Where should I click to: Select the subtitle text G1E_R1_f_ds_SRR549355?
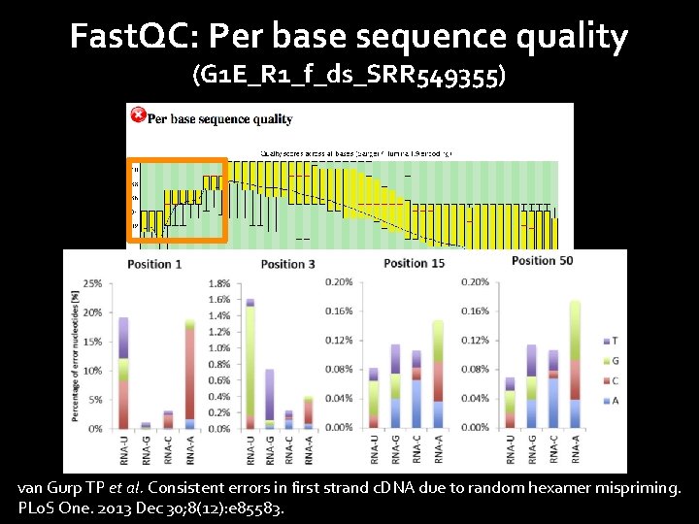349,76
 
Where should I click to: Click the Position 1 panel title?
153,264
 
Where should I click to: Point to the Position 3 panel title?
287,264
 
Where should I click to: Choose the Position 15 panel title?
414,263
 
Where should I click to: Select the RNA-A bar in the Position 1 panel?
190,374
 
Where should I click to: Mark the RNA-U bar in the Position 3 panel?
250,364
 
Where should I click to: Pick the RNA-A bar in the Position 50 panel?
574,365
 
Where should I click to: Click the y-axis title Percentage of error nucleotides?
74,354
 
